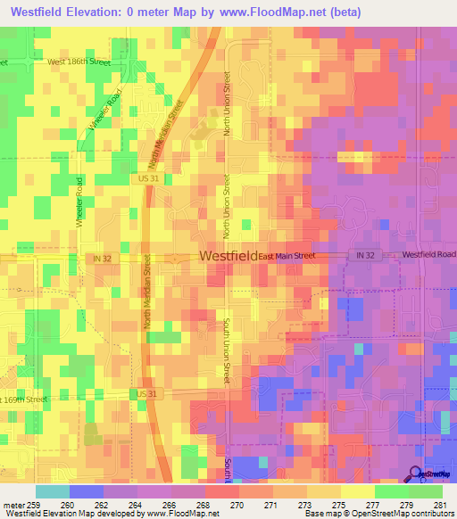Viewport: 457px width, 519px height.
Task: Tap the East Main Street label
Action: pyautogui.click(x=287, y=256)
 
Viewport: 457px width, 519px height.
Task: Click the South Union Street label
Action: pyautogui.click(x=228, y=352)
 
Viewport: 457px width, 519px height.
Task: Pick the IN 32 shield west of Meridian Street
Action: pyautogui.click(x=103, y=258)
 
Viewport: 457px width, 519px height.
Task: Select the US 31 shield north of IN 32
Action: pyautogui.click(x=149, y=179)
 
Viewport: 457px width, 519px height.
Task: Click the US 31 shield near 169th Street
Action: pyautogui.click(x=147, y=393)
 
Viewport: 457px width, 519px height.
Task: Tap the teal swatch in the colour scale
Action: pyautogui.click(x=52, y=490)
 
